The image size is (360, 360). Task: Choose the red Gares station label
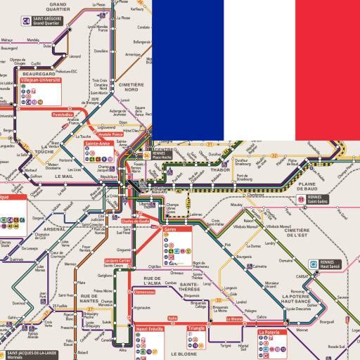pos(170,229)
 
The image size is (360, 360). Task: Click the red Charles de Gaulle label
pos(136,221)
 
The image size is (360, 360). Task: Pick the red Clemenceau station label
pos(143,291)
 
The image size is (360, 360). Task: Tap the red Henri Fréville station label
pos(149,328)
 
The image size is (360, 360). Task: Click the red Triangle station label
pos(196,328)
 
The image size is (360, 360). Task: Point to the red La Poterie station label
pos(271,332)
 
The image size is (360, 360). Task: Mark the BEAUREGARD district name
pos(39,73)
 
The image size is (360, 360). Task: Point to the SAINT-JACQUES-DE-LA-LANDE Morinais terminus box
pos(28,354)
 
